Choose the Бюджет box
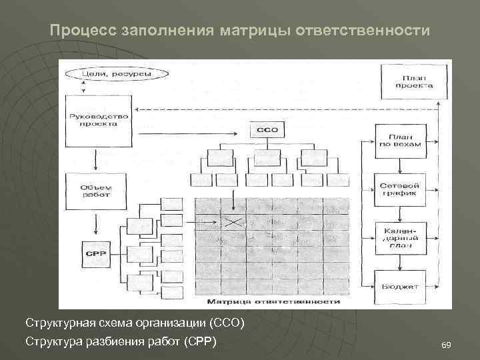pyautogui.click(x=399, y=287)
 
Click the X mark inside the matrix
pyautogui.click(x=233, y=222)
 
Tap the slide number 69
pyautogui.click(x=446, y=345)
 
